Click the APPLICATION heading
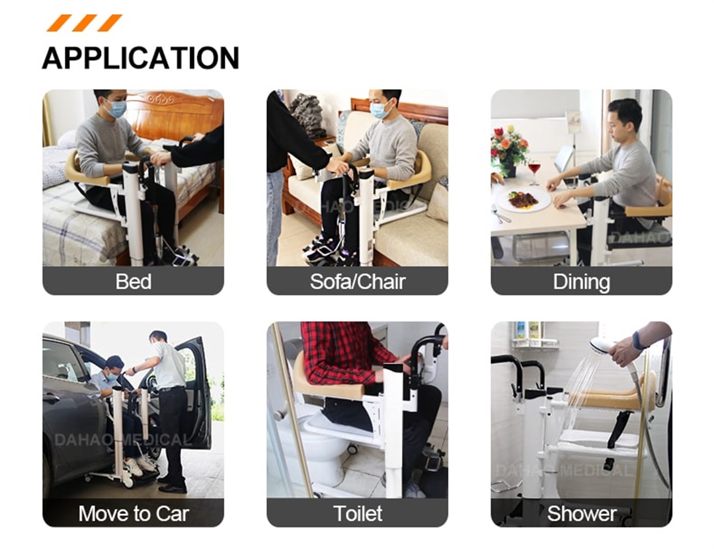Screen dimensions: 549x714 click(140, 57)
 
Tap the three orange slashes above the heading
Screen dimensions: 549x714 click(84, 22)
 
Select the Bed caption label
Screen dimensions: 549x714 click(133, 281)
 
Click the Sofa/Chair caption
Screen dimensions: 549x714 click(357, 281)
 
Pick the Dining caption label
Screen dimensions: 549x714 click(581, 281)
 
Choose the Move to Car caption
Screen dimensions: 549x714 click(133, 513)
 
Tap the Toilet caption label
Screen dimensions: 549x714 click(357, 513)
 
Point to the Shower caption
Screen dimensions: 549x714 click(581, 513)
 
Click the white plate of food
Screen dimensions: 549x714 click(524, 200)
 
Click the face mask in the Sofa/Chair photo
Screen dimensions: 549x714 click(380, 110)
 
